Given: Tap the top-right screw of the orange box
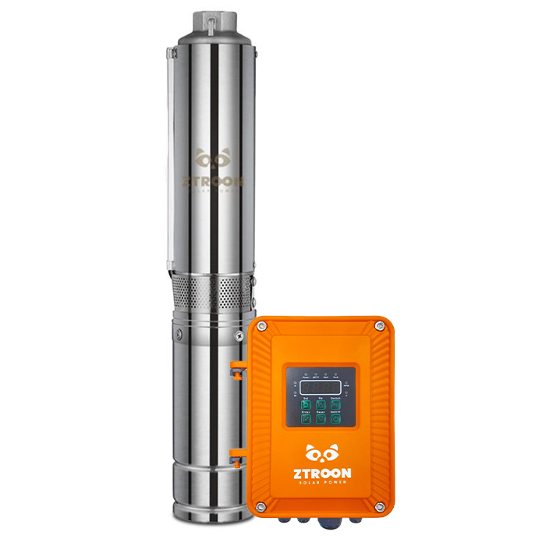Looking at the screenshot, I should [x=379, y=327].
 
